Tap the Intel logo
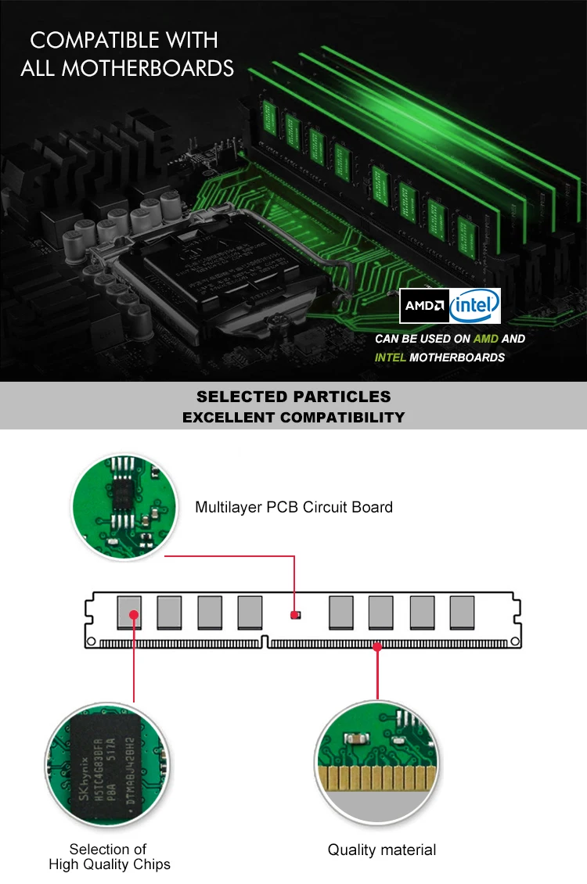(475, 306)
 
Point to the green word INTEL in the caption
(391, 358)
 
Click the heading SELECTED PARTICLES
(293, 397)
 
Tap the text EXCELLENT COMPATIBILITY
(293, 417)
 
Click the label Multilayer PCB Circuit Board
(293, 507)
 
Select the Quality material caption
(382, 850)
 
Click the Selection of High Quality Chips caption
(109, 857)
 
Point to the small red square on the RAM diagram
(294, 615)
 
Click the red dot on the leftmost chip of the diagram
(134, 615)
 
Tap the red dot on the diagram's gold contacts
(377, 646)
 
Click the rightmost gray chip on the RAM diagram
(462, 613)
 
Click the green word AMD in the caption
(486, 339)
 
